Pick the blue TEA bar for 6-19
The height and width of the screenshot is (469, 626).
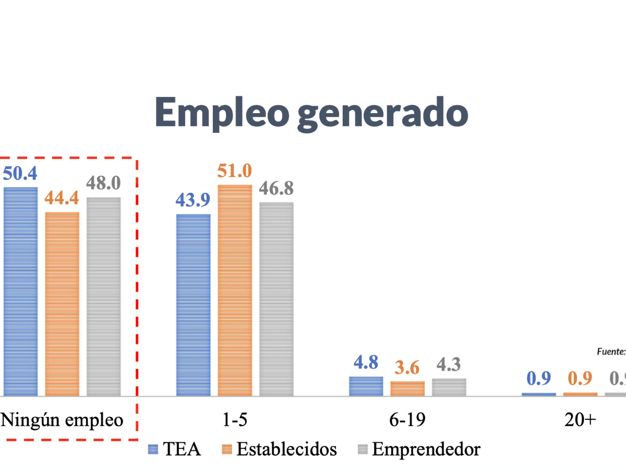coord(366,386)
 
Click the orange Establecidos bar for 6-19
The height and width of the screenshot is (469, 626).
coord(407,389)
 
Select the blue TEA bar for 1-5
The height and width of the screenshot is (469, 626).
coord(194,305)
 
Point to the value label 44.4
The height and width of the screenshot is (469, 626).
coord(62,199)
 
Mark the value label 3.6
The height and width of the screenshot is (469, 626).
coord(407,368)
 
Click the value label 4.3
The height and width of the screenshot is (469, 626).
coord(449,365)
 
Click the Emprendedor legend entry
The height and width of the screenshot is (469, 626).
coord(419,449)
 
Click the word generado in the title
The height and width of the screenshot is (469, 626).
coord(382,114)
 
